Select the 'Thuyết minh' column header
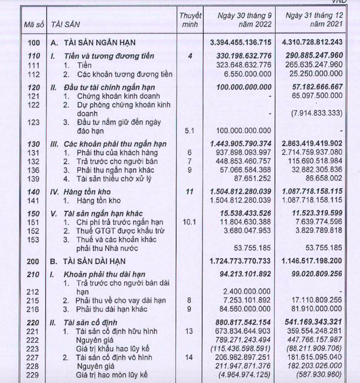tap(191, 19)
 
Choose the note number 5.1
tap(190, 130)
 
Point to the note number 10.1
tap(190, 223)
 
